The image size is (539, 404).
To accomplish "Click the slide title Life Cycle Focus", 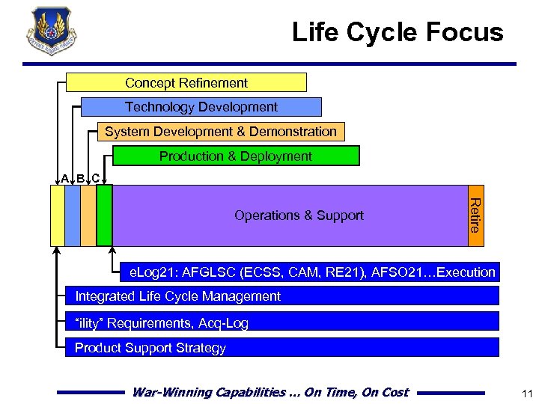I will click(398, 32).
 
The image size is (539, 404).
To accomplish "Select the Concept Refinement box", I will click(186, 82).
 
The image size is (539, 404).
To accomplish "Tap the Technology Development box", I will click(201, 107).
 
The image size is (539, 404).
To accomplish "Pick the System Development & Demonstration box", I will click(221, 132).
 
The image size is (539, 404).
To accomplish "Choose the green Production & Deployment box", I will click(236, 156).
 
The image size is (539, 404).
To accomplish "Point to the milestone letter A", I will click(65, 179).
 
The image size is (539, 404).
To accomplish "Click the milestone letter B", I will click(81, 179).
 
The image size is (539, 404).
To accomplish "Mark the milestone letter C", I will click(96, 179).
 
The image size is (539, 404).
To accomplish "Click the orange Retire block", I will click(476, 215).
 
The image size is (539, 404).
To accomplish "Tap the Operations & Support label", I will click(299, 215).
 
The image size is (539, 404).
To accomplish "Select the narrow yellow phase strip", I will click(57, 215).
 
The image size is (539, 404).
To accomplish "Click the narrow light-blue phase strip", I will click(73, 215).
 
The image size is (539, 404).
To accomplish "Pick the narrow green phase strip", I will click(104, 215).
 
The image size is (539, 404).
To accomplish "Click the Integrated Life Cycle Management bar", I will click(281, 296).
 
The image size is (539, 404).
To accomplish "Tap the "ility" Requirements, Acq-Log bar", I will click(281, 322).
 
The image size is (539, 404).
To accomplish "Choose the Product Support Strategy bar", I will click(281, 348).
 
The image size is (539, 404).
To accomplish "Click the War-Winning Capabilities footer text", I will click(270, 392).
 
